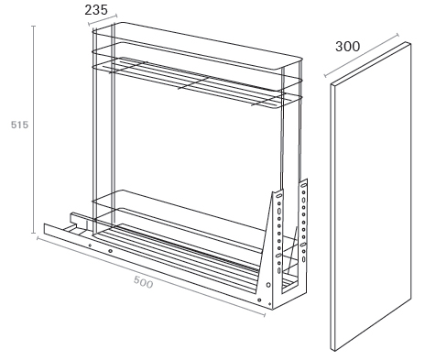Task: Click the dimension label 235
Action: pyautogui.click(x=96, y=10)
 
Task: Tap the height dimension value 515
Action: pyautogui.click(x=19, y=125)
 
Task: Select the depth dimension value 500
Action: pyautogui.click(x=143, y=282)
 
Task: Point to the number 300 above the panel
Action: pyautogui.click(x=348, y=47)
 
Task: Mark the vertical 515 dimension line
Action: pyautogui.click(x=34, y=129)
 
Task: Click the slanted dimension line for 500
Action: pyautogui.click(x=151, y=276)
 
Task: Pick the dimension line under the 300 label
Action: pyautogui.click(x=362, y=55)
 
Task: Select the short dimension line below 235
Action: pyautogui.click(x=103, y=19)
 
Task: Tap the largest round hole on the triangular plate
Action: pyautogui.click(x=268, y=285)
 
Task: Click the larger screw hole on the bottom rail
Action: pyautogui.click(x=110, y=251)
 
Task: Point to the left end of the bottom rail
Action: pyautogui.click(x=45, y=229)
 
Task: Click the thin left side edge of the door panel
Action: pyautogui.click(x=332, y=217)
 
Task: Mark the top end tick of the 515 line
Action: pyautogui.click(x=34, y=27)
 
